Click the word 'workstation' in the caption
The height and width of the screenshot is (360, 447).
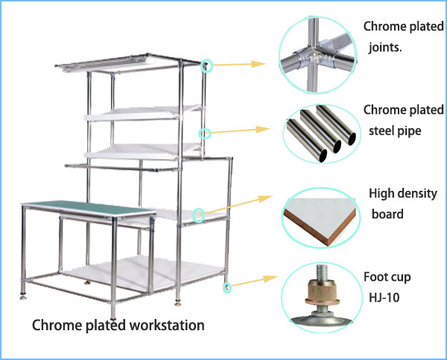(167, 325)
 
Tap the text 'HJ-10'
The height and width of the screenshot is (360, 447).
(384, 298)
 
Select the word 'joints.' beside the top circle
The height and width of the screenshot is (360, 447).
(385, 47)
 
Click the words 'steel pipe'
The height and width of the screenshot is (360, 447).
(395, 131)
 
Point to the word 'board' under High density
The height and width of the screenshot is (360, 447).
(387, 214)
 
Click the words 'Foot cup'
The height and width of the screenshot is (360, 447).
(387, 277)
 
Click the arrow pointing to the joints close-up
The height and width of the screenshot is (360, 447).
(239, 64)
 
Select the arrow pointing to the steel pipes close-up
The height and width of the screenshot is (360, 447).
(241, 130)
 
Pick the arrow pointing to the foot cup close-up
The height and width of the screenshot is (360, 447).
(254, 281)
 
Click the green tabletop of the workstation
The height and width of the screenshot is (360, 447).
(89, 209)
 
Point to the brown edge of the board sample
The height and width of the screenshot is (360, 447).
(320, 228)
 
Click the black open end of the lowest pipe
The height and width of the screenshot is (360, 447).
(323, 156)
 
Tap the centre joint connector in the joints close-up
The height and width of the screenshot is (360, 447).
(314, 58)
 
